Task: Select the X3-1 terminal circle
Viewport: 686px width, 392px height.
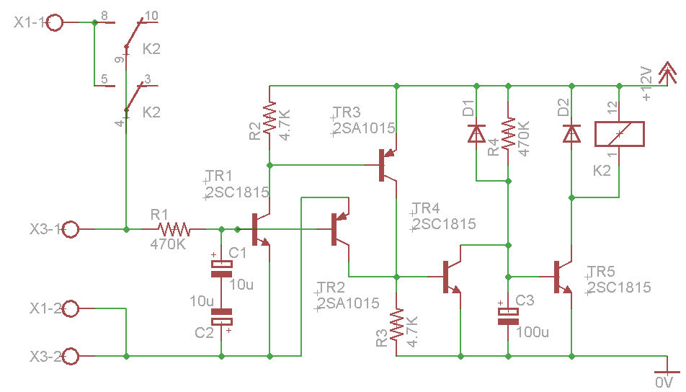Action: pyautogui.click(x=71, y=229)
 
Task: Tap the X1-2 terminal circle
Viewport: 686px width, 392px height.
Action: pyautogui.click(x=71, y=309)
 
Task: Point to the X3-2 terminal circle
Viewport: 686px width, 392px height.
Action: pyautogui.click(x=71, y=356)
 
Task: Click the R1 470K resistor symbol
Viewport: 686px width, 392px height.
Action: pyautogui.click(x=174, y=229)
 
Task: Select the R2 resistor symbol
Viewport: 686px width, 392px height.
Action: pyautogui.click(x=269, y=119)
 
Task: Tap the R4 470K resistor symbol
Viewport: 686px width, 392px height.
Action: pyautogui.click(x=509, y=133)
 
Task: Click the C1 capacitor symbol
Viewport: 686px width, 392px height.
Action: pyautogui.click(x=220, y=268)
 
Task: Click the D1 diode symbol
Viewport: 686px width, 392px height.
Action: pyautogui.click(x=476, y=133)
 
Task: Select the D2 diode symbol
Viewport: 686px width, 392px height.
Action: pyautogui.click(x=572, y=133)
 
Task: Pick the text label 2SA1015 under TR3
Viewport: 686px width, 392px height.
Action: pyautogui.click(x=365, y=129)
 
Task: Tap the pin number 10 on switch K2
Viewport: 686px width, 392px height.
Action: pyautogui.click(x=152, y=15)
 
